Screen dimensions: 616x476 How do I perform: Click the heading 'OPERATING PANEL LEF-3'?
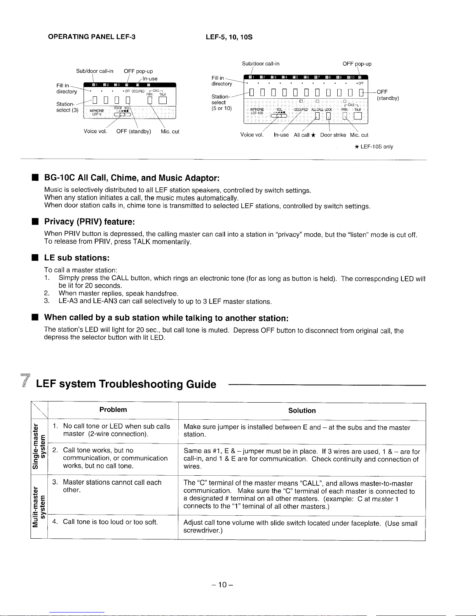click(91, 37)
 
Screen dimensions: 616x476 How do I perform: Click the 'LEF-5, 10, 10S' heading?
click(229, 37)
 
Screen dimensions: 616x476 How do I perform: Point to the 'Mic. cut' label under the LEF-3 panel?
click(170, 132)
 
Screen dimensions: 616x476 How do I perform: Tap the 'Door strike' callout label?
click(333, 135)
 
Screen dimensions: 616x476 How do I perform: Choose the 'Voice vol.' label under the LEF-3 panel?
click(95, 132)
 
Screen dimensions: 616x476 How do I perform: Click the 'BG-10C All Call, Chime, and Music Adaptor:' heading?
click(132, 178)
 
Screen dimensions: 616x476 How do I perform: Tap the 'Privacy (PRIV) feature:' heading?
click(89, 222)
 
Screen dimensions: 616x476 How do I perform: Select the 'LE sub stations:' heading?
click(77, 258)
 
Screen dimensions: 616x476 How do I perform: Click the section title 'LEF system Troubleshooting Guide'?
click(126, 384)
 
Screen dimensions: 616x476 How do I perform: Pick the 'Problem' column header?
click(113, 410)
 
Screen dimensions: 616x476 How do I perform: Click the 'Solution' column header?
click(302, 411)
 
